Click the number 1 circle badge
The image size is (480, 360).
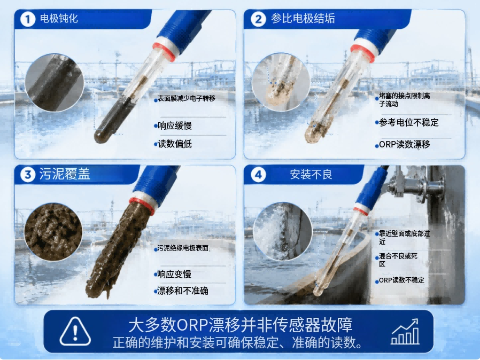click(x=28, y=19)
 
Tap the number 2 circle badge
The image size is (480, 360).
click(x=258, y=19)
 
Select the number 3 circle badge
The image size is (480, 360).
click(x=28, y=175)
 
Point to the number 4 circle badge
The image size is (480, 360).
click(x=258, y=175)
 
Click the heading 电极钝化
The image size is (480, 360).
click(x=59, y=19)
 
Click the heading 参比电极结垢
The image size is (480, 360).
click(x=303, y=19)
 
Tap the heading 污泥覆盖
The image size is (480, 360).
click(x=65, y=174)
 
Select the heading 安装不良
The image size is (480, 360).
click(x=311, y=175)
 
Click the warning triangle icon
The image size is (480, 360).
click(x=75, y=332)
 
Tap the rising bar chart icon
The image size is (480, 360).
click(x=405, y=332)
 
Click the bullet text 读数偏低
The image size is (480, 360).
click(x=175, y=144)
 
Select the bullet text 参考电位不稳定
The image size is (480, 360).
click(x=409, y=122)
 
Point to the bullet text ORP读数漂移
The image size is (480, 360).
click(x=405, y=144)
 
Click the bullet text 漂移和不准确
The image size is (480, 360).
click(x=183, y=291)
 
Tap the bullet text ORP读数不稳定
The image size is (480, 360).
click(x=401, y=280)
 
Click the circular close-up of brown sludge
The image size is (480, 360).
click(x=53, y=232)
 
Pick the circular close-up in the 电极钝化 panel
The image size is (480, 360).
click(x=55, y=83)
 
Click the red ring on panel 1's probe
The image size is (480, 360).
click(x=165, y=52)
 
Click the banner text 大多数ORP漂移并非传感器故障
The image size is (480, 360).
click(x=241, y=325)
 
